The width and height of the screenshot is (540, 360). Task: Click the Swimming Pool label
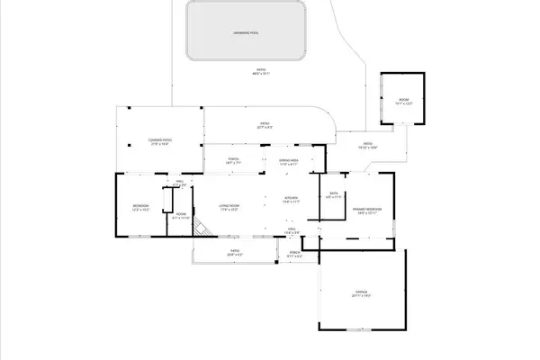[246, 31]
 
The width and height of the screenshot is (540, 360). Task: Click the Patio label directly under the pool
[261, 71]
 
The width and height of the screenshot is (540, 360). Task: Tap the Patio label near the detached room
[368, 145]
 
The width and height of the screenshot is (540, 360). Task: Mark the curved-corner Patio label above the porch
[265, 125]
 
